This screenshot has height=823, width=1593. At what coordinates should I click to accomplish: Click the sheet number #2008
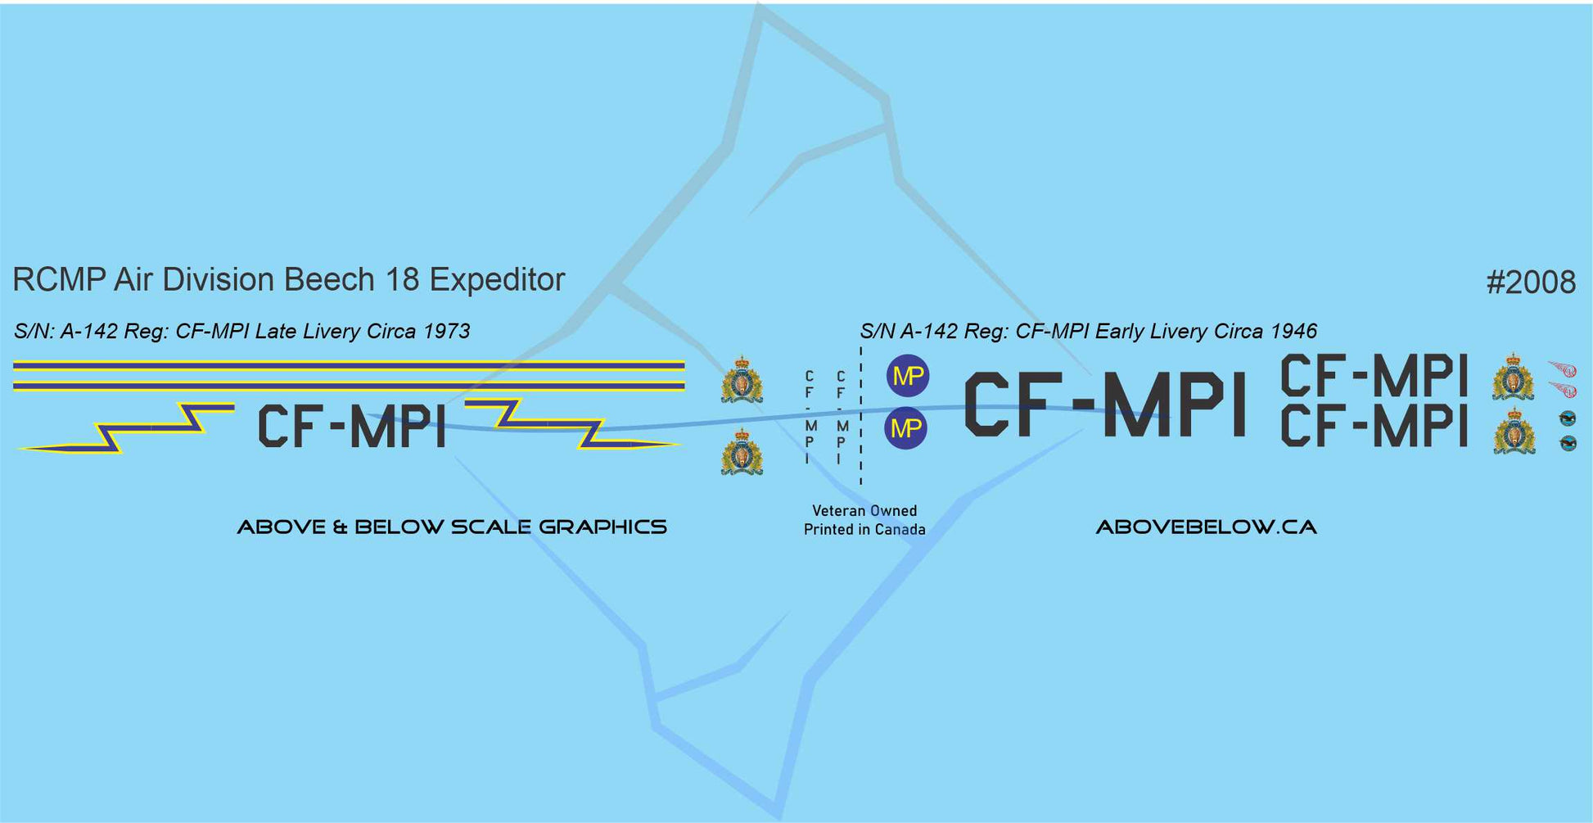pos(1530,282)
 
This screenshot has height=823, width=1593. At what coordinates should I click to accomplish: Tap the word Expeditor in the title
pos(497,280)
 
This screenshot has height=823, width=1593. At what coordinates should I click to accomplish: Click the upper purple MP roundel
pos(907,376)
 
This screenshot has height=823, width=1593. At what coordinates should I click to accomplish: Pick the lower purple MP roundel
pos(905,428)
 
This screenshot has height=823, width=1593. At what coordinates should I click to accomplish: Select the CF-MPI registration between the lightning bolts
pos(352,427)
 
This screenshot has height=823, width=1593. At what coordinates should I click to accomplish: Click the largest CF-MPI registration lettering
pos(1104,405)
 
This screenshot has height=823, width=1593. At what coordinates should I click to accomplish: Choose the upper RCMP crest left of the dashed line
pos(742,379)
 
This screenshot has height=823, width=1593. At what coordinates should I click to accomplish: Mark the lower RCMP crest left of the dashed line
pos(742,452)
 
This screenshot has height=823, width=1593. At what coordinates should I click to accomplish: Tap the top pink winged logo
pos(1563,369)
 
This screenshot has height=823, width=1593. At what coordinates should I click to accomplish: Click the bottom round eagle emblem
pos(1568,443)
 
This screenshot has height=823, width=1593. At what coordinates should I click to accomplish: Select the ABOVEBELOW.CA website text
pos(1206,527)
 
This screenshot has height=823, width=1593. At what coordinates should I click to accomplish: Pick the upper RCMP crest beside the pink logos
pos(1513,378)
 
